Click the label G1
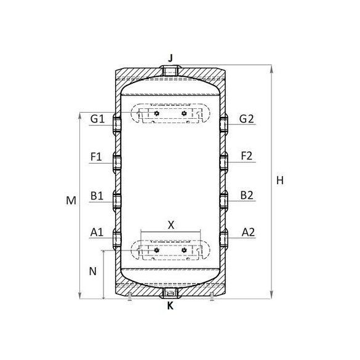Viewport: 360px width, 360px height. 98,119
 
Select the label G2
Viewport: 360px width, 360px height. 247,119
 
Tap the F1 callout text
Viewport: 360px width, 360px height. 96,157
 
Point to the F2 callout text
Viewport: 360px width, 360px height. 247,156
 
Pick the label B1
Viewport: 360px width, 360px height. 97,196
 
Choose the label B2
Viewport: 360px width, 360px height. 247,195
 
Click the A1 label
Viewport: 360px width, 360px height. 97,233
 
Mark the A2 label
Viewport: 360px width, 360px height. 248,233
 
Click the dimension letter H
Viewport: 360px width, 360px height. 280,180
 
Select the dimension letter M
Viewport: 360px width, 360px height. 71,201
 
